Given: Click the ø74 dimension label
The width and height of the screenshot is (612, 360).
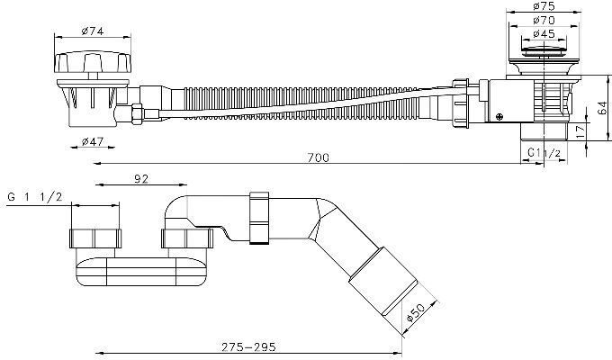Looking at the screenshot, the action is point(93,31).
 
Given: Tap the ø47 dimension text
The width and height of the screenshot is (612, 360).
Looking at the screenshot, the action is point(93,141).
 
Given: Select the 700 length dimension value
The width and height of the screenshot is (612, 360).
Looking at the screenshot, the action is point(318,157).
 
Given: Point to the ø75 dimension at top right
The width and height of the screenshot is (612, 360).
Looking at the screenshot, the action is point(544,6).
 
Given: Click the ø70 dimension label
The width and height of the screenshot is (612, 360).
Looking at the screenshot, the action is point(544,20).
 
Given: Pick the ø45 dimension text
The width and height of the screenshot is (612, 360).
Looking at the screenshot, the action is point(544,34).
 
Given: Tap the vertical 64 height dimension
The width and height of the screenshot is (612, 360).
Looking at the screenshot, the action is point(602,108).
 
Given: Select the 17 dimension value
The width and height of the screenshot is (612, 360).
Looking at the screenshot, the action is point(580,131).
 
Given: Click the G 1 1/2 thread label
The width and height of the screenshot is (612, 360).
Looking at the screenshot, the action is point(35,197).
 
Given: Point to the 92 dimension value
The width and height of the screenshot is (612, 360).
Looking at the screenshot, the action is point(141,179).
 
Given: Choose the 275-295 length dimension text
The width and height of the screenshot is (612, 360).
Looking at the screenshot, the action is point(248,346).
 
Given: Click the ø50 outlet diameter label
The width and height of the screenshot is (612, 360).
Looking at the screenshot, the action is point(416,312).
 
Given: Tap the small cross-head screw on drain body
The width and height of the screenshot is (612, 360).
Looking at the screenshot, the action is point(499,116).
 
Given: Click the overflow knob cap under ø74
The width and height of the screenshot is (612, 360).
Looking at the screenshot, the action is point(93,62).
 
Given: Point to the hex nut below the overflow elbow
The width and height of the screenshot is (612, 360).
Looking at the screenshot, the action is point(137,113).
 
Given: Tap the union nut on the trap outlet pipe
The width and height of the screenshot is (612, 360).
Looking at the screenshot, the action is point(259,219).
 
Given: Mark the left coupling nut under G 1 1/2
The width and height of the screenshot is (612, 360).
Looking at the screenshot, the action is point(95,238).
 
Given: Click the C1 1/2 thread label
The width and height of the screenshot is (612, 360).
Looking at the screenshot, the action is point(544,153).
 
